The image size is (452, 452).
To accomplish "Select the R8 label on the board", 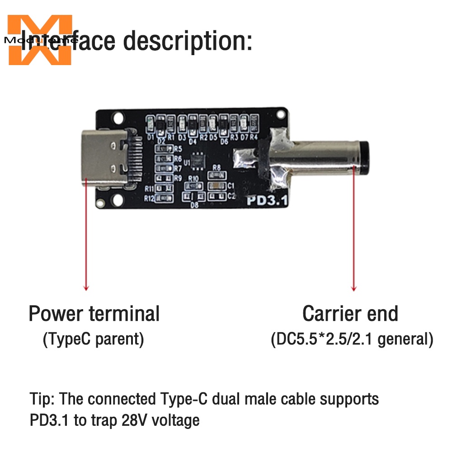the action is pos(217,167).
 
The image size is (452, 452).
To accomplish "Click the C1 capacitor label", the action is pos(231,186).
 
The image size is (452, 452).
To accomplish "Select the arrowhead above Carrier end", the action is pos(354,288).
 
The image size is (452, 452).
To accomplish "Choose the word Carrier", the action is pos(331,313).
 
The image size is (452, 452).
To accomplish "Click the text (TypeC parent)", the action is pos(93,339).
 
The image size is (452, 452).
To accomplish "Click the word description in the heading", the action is pos(188,42).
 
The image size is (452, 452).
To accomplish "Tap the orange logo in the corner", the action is pos(40,40).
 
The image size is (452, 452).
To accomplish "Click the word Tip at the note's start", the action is pos(42,399).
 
